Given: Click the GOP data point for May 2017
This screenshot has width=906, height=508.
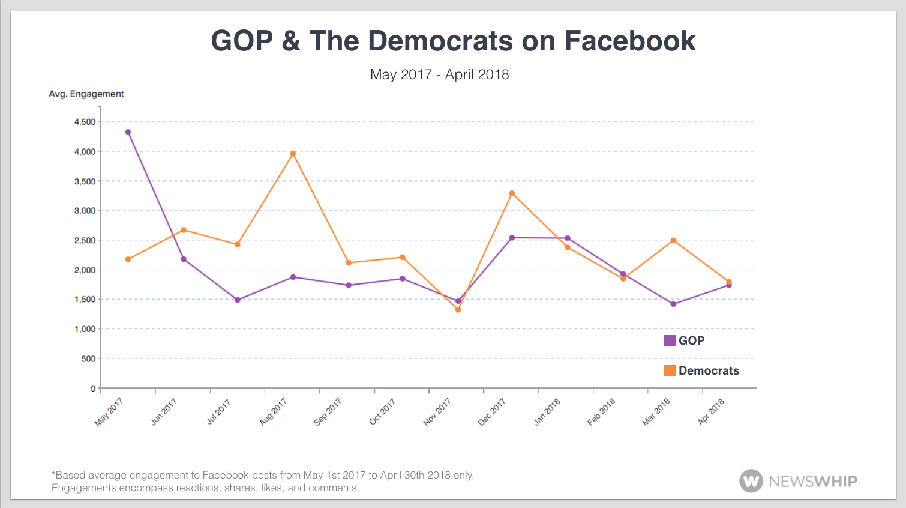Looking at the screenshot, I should coord(128,132).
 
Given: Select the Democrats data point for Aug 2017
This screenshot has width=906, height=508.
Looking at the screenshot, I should coord(293,154).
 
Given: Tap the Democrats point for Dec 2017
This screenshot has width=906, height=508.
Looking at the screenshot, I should coord(512,193).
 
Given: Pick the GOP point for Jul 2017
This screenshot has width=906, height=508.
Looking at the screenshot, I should coord(238,300).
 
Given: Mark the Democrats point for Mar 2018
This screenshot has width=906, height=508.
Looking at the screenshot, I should coord(674,240).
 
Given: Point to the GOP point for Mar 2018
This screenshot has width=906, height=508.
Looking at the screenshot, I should coord(674,304).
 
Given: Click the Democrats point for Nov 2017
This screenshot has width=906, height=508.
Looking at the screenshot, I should coord(458,310).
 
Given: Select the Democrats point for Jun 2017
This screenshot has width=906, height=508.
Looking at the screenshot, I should coord(184,230).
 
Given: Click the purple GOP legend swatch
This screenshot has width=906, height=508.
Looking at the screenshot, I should coord(669,340).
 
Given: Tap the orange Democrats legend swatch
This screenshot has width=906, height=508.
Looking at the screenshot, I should coord(669,370).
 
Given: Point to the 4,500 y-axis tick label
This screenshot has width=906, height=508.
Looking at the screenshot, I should coord(85,122).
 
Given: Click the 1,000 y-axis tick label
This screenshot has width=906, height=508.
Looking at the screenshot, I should coord(85,329).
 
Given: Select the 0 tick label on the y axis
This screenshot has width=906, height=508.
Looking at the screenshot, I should coord(93,389).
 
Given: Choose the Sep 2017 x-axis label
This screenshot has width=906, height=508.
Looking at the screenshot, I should coord(328,411).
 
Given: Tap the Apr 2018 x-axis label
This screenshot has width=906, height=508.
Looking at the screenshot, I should coord(711,411).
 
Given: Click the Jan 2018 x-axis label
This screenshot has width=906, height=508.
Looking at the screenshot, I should coord(547,411).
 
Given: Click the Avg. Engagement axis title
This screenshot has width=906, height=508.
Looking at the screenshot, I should coord(86,94).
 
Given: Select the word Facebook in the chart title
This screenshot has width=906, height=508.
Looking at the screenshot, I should coord(629,41).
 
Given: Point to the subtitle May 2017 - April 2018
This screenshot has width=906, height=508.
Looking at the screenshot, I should coord(439,74).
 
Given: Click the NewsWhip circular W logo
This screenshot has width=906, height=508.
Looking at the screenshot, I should coord(751,481).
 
